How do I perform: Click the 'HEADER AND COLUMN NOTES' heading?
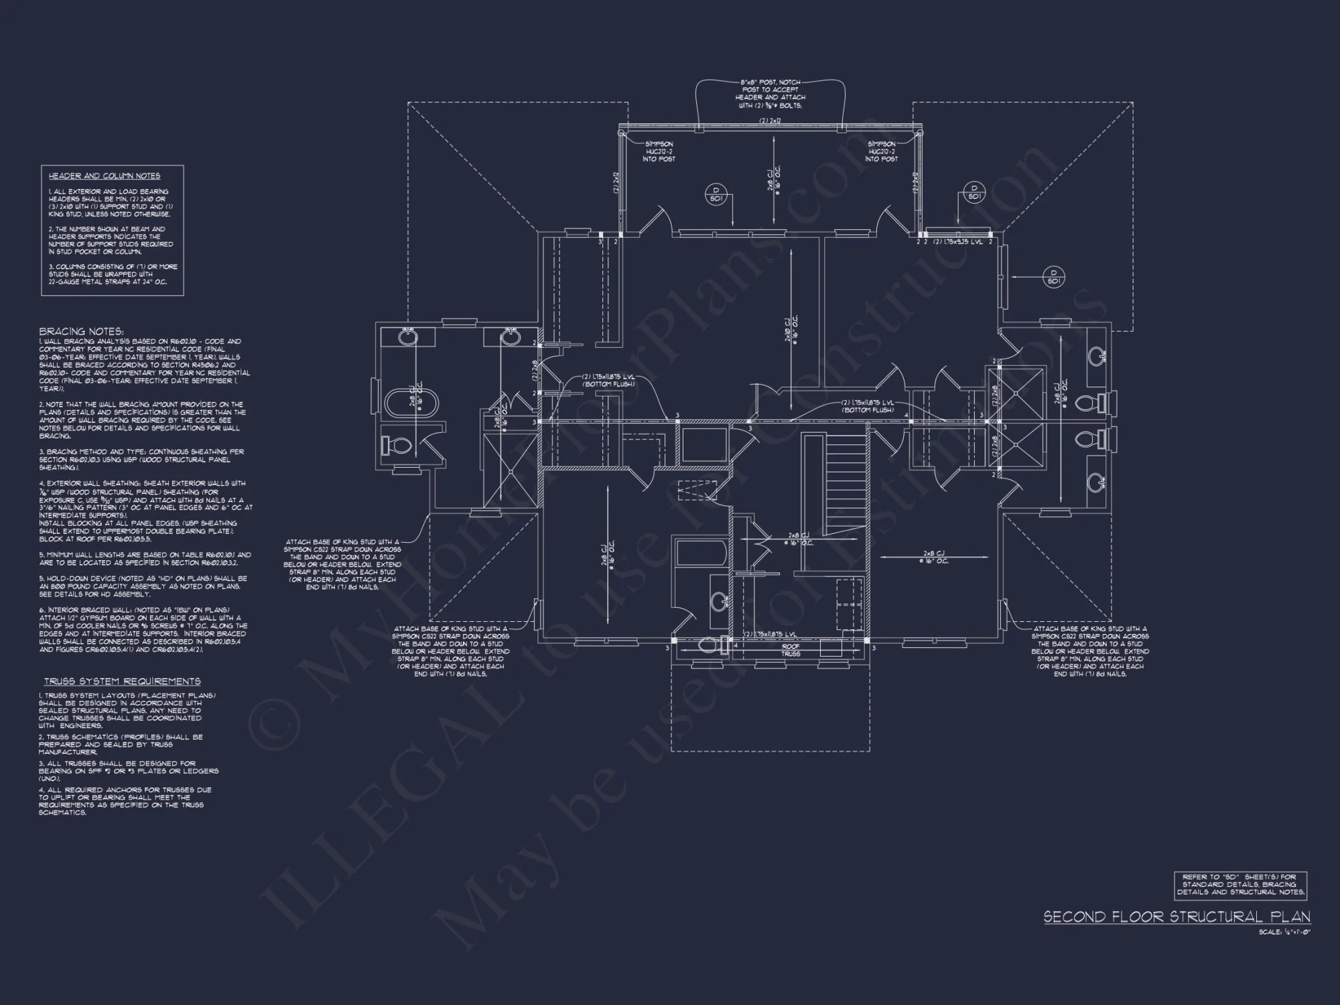point(104,176)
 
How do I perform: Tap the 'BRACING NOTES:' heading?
point(81,332)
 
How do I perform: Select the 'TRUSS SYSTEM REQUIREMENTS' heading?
point(123,681)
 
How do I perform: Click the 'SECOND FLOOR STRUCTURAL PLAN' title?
point(1177,917)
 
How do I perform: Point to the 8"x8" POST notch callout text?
point(770,94)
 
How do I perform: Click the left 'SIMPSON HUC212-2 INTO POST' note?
point(659,151)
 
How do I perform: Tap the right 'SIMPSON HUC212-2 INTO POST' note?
point(882,151)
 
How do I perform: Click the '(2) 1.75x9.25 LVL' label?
point(958,242)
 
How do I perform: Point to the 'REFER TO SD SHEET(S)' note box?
point(1239,884)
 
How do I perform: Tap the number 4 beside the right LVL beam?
point(907,415)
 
